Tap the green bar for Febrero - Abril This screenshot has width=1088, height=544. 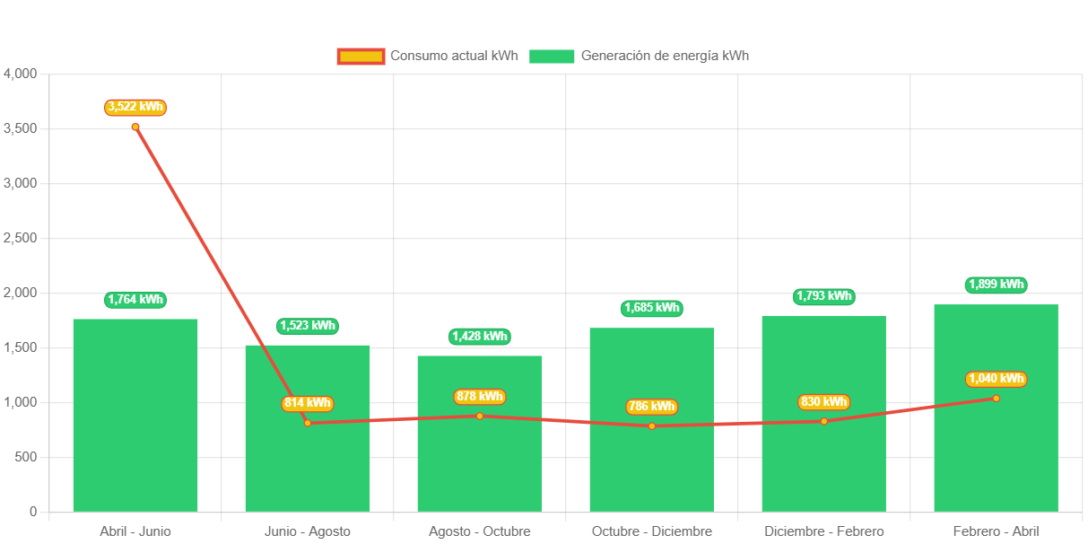click(996, 449)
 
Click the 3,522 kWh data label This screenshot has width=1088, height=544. click(135, 108)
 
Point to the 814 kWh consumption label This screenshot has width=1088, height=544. click(308, 404)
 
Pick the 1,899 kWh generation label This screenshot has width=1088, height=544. click(996, 285)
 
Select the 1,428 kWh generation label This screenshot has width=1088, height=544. click(480, 337)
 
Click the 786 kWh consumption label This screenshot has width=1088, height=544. click(651, 407)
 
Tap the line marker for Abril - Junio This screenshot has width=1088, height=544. click(135, 127)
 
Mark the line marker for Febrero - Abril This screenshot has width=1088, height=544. click(996, 398)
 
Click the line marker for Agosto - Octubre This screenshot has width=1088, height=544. click(480, 416)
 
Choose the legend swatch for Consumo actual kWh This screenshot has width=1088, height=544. click(361, 56)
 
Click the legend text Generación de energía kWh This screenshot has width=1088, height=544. click(665, 56)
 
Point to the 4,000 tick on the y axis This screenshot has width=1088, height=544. click(20, 74)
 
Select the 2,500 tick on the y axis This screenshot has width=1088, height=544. click(20, 238)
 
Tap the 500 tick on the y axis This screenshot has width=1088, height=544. click(25, 457)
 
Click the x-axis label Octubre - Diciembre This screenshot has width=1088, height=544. click(651, 531)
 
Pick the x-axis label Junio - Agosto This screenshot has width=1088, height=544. click(308, 531)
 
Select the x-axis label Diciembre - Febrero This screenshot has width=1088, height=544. click(823, 531)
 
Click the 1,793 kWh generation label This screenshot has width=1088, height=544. click(823, 296)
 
